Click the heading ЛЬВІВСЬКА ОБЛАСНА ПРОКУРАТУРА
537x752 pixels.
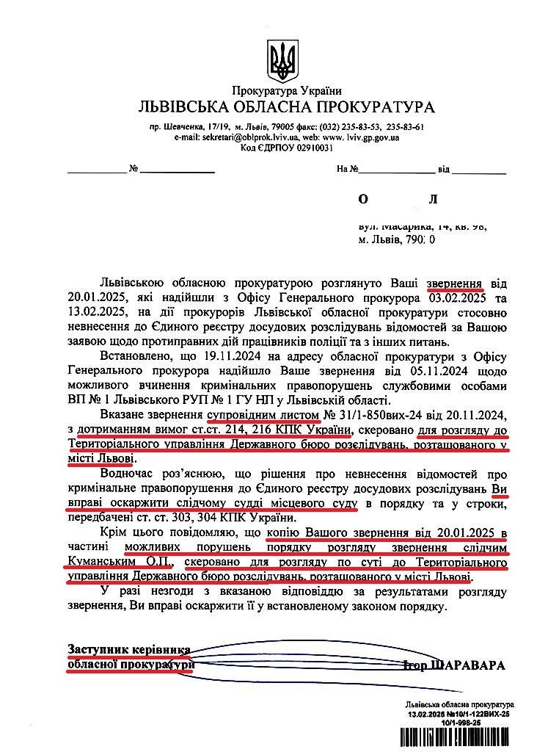pos(286,107)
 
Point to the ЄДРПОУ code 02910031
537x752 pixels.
pos(308,147)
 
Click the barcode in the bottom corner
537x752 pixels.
pos(455,737)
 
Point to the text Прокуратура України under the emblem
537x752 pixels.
pos(286,91)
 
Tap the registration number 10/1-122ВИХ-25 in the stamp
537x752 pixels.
pos(477,714)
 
